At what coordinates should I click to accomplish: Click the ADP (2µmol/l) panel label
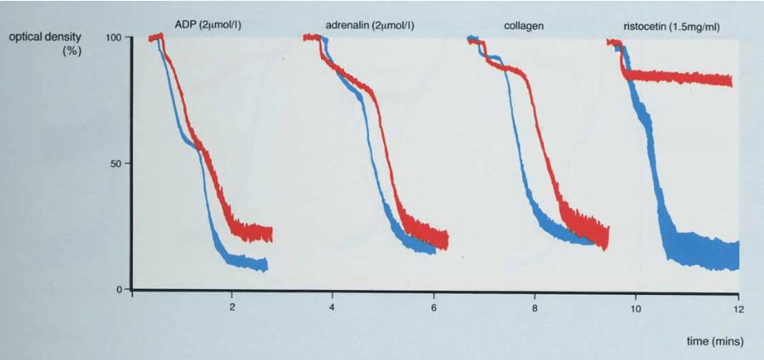coord(207,26)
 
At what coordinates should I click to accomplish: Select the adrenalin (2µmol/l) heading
coord(370,26)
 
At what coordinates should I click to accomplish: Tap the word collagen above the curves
coord(524,26)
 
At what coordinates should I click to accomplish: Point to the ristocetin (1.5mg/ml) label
coord(666,26)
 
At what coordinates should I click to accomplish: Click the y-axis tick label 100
coord(113,37)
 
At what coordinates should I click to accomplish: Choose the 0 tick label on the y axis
coord(119,289)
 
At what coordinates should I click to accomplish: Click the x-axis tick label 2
coord(232,308)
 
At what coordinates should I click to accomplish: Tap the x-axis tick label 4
coord(332,308)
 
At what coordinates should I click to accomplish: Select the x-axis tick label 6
coord(433,308)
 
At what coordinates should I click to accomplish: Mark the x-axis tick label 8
coord(534,308)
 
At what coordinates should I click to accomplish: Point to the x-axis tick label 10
coord(635,308)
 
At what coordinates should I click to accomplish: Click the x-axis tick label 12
coord(736,308)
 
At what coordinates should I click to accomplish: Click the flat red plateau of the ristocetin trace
coord(684,77)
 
